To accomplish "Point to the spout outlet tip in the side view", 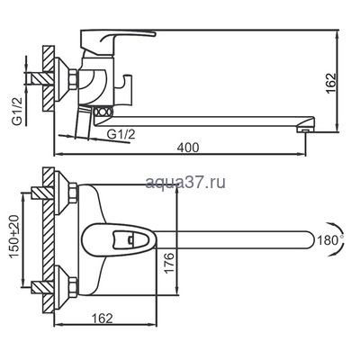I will coord(307,127).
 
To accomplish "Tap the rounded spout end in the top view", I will coord(306,239).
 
